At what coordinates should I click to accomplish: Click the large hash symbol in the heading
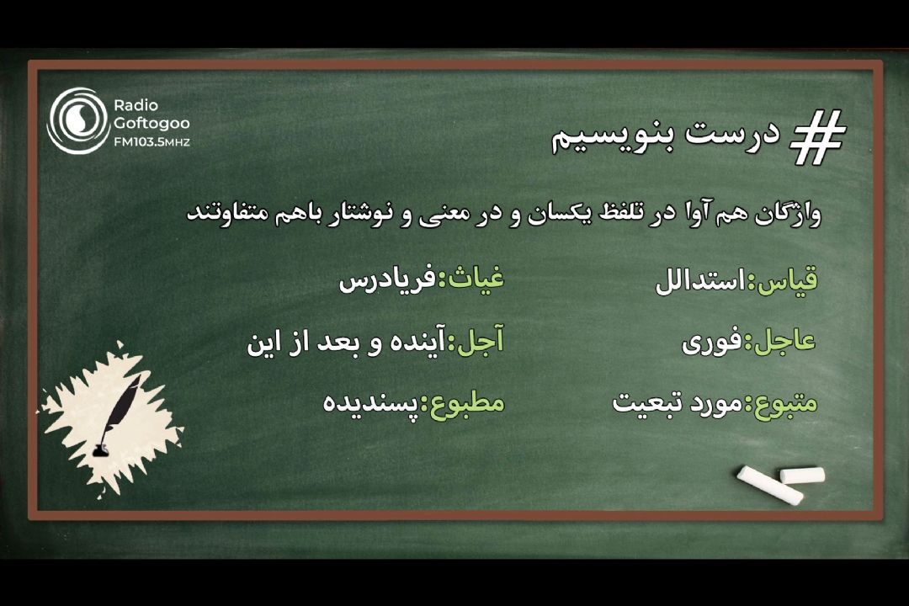tap(816, 138)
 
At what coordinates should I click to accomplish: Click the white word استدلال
tap(701, 283)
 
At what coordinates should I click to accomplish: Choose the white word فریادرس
tap(386, 280)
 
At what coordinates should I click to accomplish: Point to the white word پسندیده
tap(370, 402)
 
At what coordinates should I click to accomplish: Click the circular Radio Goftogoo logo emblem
tap(77, 120)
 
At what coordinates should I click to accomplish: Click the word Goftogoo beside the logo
tap(151, 124)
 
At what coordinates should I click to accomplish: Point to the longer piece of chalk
tap(769, 486)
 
